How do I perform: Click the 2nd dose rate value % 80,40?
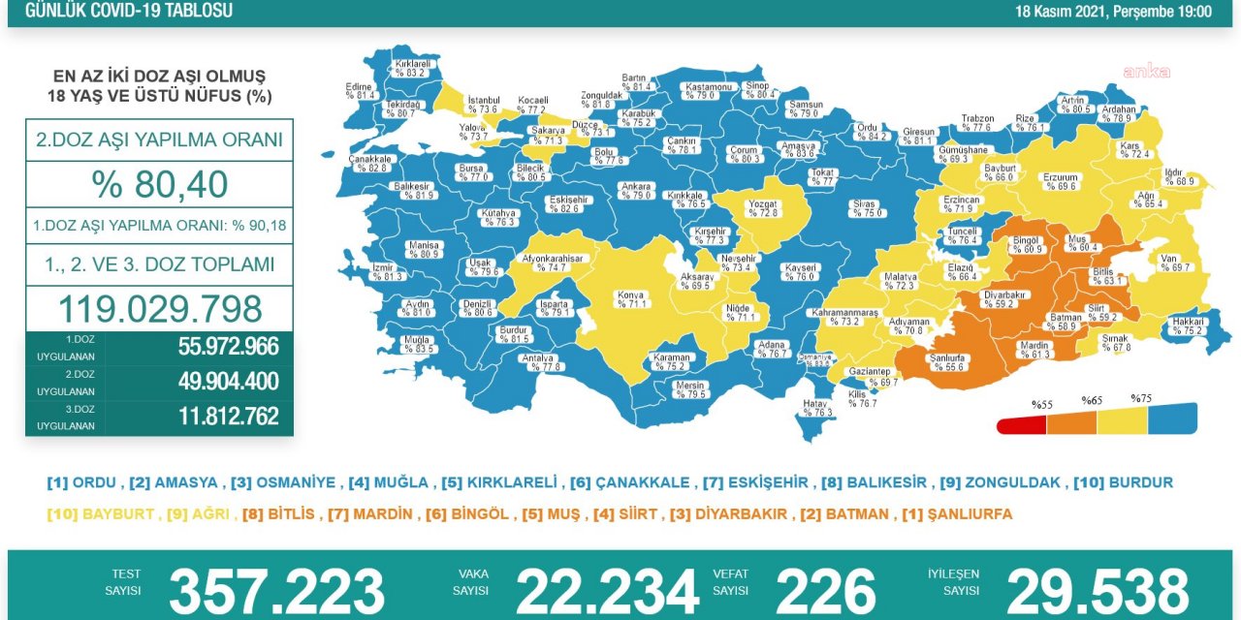click(160, 184)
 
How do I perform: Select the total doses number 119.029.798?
click(160, 309)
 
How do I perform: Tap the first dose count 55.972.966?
click(228, 347)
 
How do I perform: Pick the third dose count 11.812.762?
click(228, 417)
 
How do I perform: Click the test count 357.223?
click(276, 591)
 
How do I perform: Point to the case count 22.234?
click(607, 591)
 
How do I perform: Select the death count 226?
click(825, 591)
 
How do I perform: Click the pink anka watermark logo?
click(1146, 71)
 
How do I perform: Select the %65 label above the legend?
click(1093, 400)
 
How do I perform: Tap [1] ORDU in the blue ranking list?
click(81, 482)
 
